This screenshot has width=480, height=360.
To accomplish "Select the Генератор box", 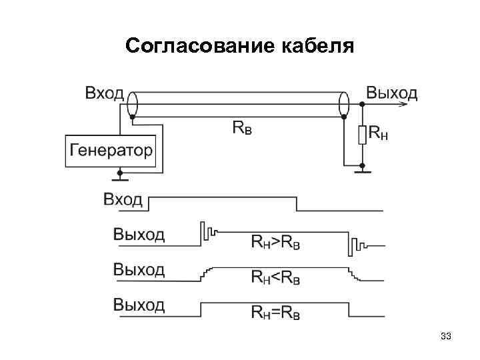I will point(110,151).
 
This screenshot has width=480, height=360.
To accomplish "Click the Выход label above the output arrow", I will point(392,93).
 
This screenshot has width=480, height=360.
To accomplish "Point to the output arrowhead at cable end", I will point(403,104).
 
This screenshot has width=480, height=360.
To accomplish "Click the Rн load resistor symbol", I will point(362,135).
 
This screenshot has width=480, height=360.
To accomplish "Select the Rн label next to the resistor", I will point(379,135).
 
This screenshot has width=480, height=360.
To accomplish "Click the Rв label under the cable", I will point(242,127).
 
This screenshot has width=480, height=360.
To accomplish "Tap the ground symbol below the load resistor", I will point(362,171).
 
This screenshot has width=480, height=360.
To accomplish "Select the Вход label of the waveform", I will point(123,199).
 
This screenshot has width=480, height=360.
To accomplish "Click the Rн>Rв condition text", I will point(275,241).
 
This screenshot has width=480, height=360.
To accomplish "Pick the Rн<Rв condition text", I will point(275,277).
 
